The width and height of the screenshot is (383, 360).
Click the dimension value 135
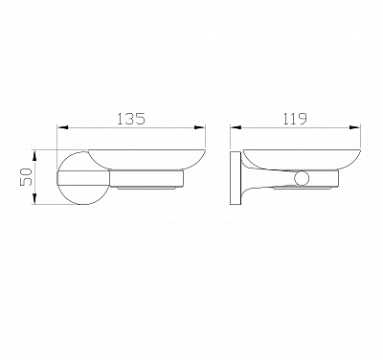(x=131, y=119)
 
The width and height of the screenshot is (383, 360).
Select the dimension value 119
(x=295, y=119)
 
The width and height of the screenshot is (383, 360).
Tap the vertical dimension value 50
(x=26, y=177)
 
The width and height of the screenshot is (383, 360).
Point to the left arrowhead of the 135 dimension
(x=62, y=127)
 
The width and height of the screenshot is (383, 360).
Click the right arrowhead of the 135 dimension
(x=200, y=127)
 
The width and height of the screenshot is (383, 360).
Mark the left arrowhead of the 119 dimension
(x=236, y=127)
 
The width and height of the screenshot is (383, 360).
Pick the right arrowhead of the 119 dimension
(x=355, y=127)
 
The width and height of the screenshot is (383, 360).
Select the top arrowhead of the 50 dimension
(x=34, y=156)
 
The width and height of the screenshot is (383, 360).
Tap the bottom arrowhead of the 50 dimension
(x=34, y=198)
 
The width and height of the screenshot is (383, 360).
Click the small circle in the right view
(x=301, y=178)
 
